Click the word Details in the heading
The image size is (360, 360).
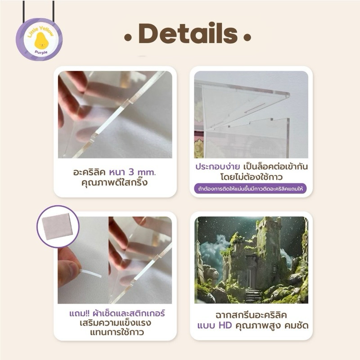[188, 33]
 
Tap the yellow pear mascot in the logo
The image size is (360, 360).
[40, 40]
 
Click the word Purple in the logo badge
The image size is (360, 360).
[41, 52]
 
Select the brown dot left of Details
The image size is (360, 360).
[128, 37]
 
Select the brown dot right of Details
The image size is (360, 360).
[247, 37]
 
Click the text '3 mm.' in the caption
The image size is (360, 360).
[142, 172]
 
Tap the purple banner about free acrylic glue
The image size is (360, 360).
[250, 189]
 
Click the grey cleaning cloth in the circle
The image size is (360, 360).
[58, 227]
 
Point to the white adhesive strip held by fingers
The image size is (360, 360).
[90, 273]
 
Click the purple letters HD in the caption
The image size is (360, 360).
[225, 325]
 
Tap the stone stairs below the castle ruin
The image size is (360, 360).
[253, 296]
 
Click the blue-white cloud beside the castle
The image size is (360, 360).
[212, 252]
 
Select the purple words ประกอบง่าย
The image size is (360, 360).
[218, 166]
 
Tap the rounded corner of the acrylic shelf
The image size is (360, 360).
[287, 94]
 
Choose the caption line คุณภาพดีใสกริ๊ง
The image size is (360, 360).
[114, 183]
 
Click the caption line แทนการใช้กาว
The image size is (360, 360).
[117, 333]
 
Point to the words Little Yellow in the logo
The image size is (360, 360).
[40, 31]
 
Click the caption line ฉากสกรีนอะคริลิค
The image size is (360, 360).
[251, 315]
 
